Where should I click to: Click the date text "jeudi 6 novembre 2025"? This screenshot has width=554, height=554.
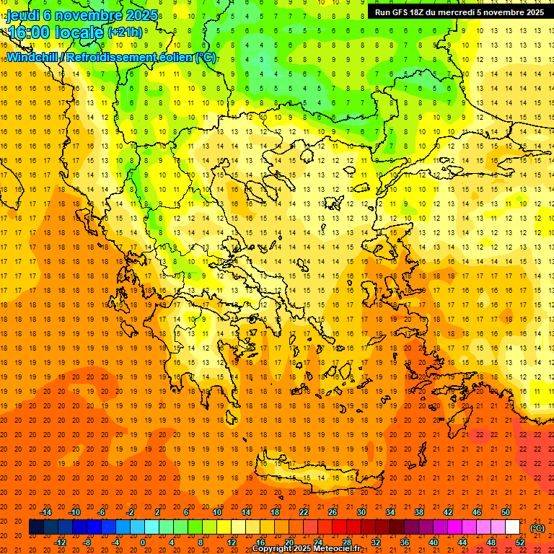point(76,14)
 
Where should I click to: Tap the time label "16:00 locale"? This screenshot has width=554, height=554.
point(55,32)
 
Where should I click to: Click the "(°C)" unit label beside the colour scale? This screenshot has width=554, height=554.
point(537,528)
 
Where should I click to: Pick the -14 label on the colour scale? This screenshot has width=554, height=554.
point(48,512)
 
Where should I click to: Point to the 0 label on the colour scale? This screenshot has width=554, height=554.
point(142,542)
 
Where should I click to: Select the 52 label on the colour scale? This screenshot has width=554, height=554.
point(520,542)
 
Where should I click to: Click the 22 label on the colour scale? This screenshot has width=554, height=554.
point(304,512)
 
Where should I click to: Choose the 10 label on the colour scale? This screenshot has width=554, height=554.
point(217,512)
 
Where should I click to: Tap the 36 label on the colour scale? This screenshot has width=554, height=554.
point(405,542)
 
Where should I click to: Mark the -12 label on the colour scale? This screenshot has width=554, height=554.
point(61,542)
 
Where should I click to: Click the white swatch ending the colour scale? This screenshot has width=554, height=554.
point(512,527)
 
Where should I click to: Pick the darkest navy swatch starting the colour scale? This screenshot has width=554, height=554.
point(36,527)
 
